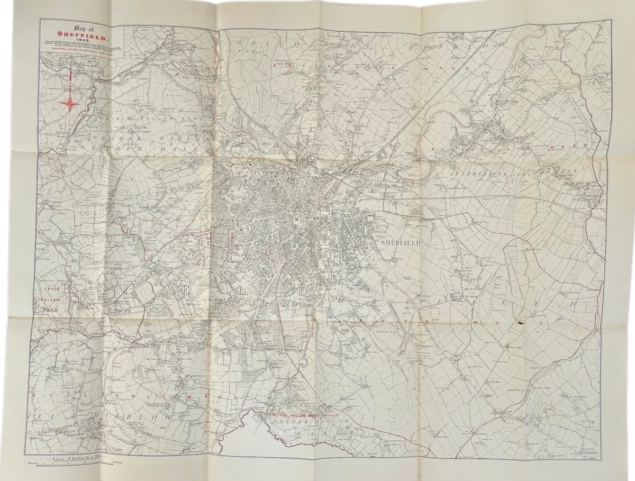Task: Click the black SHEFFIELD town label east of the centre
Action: click(x=401, y=242)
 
